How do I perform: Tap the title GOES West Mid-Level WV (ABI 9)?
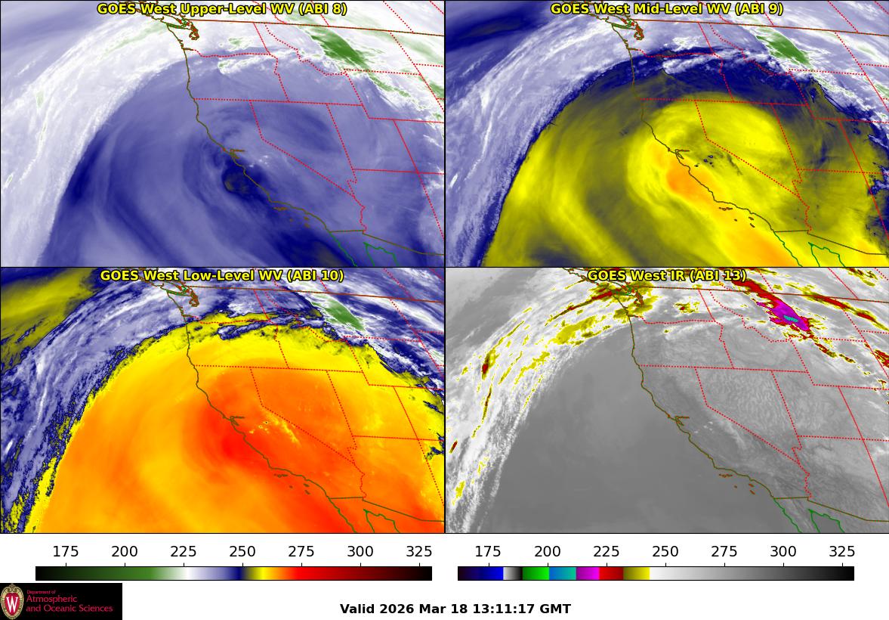[x=666, y=9]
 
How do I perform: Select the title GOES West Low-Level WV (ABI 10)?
[x=222, y=276]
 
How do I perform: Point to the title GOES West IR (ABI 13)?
[x=666, y=276]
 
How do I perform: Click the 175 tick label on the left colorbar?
[x=66, y=551]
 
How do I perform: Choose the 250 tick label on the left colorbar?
[x=242, y=551]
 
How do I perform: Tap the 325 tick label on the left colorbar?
[x=419, y=551]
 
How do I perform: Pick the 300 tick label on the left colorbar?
[x=360, y=551]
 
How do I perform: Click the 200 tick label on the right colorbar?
[x=548, y=551]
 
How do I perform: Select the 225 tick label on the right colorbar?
[x=607, y=551]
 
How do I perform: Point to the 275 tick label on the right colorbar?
[x=724, y=551]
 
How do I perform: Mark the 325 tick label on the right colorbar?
[x=842, y=551]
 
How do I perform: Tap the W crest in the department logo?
[x=12, y=602]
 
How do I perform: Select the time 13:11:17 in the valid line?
[x=505, y=609]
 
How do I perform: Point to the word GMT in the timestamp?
[x=555, y=609]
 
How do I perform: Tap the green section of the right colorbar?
[x=535, y=573]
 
